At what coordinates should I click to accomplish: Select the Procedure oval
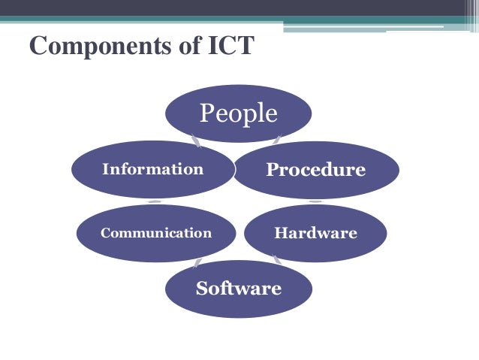coord(315,170)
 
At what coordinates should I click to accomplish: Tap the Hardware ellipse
coord(315,233)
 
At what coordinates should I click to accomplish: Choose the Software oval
coord(238,289)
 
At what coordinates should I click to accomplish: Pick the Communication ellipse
coord(155,233)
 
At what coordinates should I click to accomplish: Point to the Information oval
coord(152,169)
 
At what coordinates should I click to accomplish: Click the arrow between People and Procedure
coord(277,139)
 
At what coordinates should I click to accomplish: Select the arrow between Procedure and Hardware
coord(315,201)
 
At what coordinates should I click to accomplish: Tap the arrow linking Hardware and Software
coord(277,260)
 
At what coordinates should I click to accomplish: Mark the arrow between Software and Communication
coord(197,262)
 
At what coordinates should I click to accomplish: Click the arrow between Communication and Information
coord(154,201)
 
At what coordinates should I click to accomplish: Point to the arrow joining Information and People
coord(195,140)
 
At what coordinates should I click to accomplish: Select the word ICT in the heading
coord(230,46)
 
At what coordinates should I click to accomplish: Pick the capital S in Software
coord(201,289)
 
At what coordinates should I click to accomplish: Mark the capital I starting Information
coord(106,169)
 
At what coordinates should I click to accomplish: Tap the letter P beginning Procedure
coord(272,170)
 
